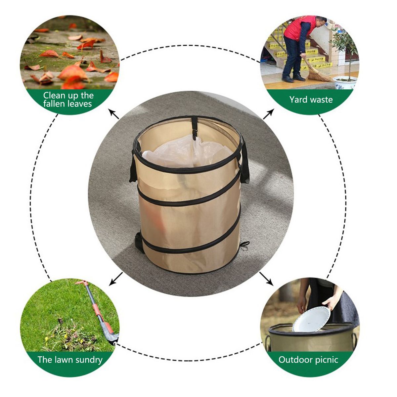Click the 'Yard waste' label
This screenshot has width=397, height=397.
311,100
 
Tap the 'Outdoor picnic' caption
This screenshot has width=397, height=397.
308,360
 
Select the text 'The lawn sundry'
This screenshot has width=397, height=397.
70,360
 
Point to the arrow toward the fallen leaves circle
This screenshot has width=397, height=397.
114,114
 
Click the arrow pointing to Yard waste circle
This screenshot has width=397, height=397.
268,114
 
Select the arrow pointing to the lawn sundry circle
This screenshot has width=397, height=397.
115,279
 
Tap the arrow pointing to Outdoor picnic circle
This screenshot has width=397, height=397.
266,279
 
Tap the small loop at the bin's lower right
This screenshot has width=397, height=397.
245,246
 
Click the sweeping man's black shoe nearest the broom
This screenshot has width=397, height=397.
299,77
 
